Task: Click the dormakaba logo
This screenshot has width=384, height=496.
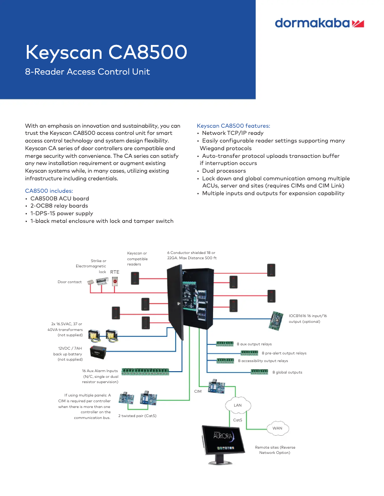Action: click(x=320, y=23)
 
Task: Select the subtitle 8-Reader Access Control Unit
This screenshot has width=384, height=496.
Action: click(x=87, y=72)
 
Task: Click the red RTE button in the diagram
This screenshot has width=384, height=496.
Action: click(x=115, y=282)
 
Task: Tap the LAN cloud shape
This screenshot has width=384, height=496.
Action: click(x=237, y=405)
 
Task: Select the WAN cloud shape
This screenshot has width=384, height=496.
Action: click(x=277, y=428)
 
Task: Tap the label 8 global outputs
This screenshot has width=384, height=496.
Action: click(x=287, y=372)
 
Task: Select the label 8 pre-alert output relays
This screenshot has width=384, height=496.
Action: click(x=284, y=353)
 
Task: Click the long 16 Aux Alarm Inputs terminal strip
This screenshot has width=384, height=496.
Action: click(x=145, y=371)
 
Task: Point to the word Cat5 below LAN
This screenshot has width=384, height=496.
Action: click(x=237, y=420)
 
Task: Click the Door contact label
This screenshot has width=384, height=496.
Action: click(x=70, y=282)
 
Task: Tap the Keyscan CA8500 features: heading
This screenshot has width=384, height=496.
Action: click(x=234, y=125)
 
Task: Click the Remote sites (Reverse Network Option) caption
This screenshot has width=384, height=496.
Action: click(x=275, y=450)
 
